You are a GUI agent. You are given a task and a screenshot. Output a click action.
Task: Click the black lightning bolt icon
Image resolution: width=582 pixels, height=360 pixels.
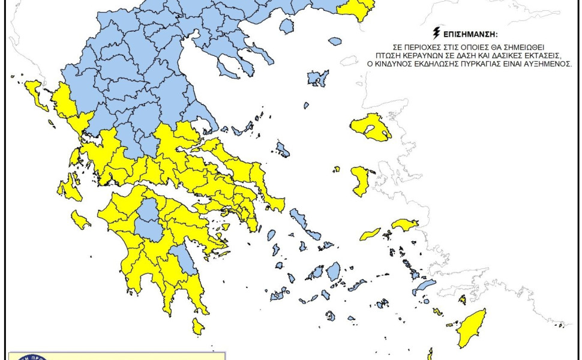(x=436, y=32)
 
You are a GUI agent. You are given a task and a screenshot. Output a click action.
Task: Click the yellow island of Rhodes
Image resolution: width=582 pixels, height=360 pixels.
(x=472, y=328)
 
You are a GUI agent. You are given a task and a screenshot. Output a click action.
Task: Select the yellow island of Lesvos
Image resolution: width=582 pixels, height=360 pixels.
(x=371, y=127)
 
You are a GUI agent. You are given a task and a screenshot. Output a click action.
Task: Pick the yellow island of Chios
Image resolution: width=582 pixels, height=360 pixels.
(x=360, y=181)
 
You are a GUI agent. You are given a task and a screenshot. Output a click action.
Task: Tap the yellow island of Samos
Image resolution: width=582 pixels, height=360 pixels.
(x=405, y=224)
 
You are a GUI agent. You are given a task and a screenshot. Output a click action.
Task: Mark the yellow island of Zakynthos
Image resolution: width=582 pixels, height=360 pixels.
(x=80, y=220)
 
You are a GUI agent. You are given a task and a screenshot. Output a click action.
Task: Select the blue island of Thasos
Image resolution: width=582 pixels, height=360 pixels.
(x=287, y=26)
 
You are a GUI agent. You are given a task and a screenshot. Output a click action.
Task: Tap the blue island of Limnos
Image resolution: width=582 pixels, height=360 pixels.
(x=318, y=78)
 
